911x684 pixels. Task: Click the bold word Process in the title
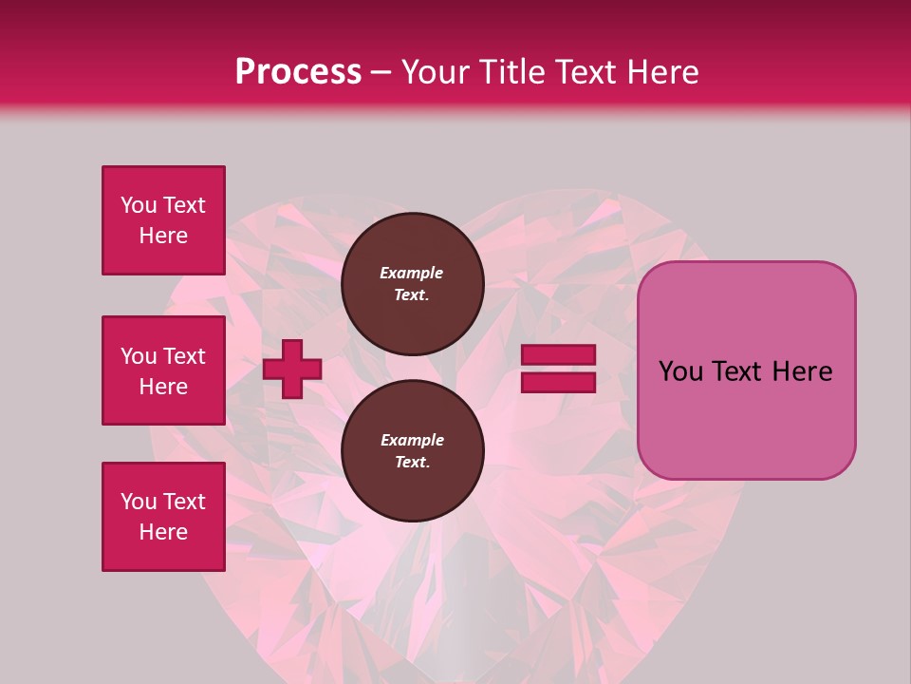tap(298, 72)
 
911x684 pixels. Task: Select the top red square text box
tap(163, 220)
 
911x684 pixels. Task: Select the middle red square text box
tap(163, 370)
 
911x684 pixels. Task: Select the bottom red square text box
tap(163, 517)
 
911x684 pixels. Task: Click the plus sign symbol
tap(292, 369)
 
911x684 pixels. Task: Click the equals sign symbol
tap(558, 369)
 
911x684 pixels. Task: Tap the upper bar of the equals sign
tap(558, 355)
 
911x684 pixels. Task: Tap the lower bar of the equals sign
tap(558, 382)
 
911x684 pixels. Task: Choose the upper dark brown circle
tap(412, 284)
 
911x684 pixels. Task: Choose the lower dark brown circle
tap(412, 451)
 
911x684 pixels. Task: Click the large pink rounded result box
tap(746, 370)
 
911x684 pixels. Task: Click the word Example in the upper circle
tap(412, 273)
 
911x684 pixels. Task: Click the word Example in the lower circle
tap(412, 440)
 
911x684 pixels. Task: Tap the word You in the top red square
tap(139, 205)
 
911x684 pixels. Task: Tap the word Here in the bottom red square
tap(163, 532)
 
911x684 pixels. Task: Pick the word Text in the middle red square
tap(184, 356)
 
